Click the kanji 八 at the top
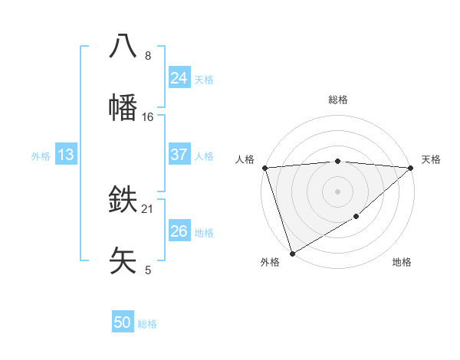123,46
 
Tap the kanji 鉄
123,200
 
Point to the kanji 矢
123,260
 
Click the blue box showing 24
179,78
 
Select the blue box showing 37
179,155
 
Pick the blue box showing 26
179,231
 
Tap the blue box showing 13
66,155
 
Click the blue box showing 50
123,322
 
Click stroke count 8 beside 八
148,56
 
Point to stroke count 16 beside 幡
148,116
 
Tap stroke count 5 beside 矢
148,270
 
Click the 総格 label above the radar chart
338,100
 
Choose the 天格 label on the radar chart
431,159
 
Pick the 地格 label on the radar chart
402,262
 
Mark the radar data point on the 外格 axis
291,253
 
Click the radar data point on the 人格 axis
264,168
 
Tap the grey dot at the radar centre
337,191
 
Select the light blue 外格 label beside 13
41,155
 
